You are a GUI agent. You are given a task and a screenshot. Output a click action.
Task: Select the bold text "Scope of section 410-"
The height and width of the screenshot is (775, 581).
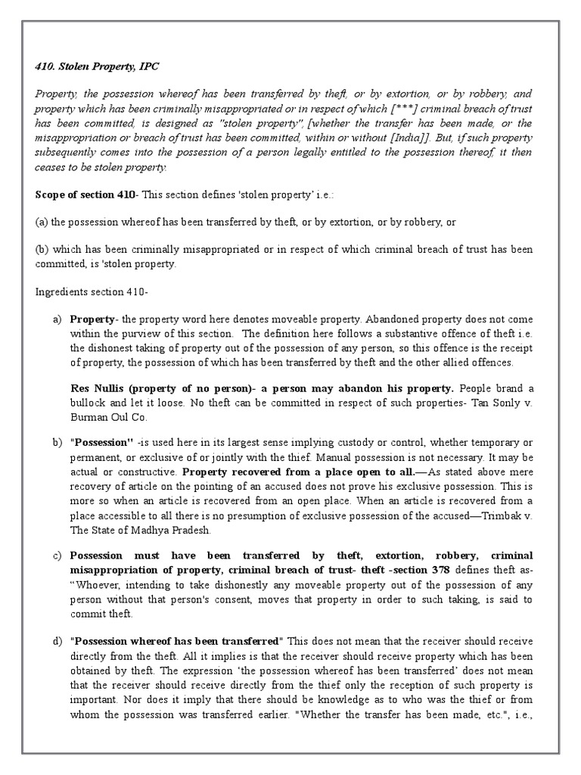coord(87,195)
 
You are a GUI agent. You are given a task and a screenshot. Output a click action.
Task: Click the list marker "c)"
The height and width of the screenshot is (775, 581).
coord(57,556)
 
